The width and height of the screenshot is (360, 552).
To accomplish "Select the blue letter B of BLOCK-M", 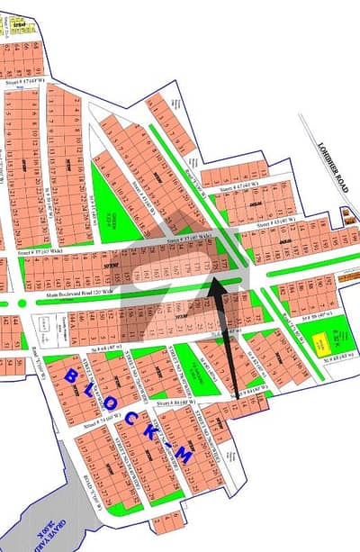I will [71, 376].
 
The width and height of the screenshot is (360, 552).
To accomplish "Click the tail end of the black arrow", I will [237, 395].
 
